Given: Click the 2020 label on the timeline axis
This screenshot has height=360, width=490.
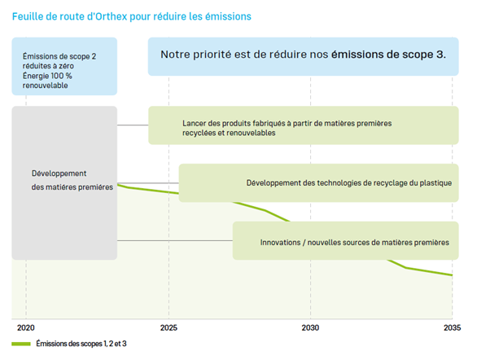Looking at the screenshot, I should tap(26, 327).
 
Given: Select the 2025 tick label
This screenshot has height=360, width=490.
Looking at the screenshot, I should tap(168, 327).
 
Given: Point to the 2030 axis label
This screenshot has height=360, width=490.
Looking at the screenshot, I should tap(310, 327).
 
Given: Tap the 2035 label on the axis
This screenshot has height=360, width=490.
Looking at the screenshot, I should tap(452, 327).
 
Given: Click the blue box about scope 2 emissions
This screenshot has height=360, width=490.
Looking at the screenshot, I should tap(64, 66).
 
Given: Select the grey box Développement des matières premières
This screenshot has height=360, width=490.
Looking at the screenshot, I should tap(64, 182).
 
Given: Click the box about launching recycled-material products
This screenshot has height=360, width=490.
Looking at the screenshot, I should tap(303, 125).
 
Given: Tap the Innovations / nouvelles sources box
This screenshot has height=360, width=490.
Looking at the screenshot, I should tap(345, 241).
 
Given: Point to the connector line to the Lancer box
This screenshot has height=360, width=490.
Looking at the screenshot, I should tap(133, 125).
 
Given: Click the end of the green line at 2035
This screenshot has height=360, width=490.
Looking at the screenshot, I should tap(452, 275).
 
